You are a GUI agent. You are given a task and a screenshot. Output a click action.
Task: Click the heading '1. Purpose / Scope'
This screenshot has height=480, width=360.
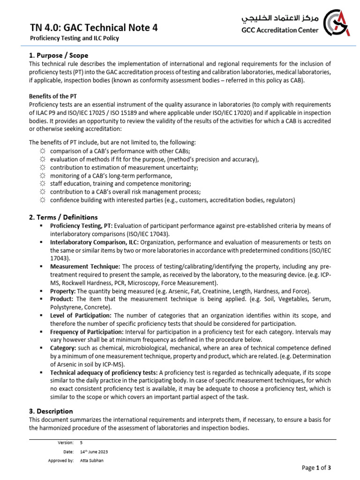[x=59, y=55]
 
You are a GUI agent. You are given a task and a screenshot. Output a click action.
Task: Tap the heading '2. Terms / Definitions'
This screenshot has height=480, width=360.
[x=63, y=217]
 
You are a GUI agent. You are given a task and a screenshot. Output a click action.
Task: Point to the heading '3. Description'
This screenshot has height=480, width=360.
[x=51, y=411]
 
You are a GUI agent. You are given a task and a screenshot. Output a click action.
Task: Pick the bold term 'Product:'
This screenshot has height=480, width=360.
[x=62, y=299]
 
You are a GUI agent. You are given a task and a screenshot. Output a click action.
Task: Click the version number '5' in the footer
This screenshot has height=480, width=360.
[x=82, y=442]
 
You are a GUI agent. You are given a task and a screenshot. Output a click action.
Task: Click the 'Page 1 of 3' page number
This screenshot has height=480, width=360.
[x=317, y=467]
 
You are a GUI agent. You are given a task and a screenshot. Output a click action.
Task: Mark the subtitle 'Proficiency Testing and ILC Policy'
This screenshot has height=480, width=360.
[x=74, y=38]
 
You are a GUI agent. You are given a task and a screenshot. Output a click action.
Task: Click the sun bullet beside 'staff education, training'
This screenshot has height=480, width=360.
[x=42, y=184]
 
